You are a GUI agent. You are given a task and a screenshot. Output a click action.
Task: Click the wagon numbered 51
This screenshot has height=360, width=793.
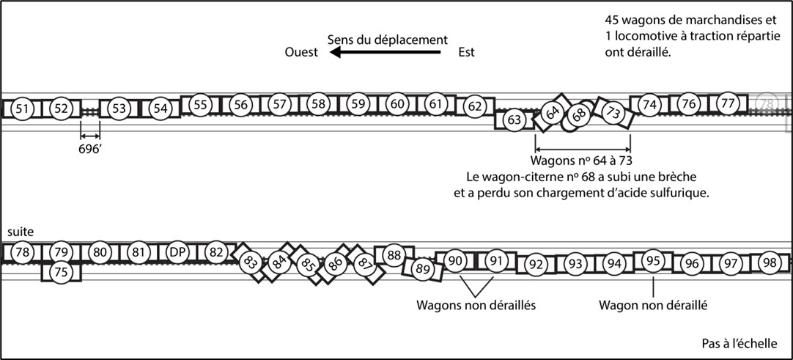23,109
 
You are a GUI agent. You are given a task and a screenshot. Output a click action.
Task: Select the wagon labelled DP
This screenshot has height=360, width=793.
177,251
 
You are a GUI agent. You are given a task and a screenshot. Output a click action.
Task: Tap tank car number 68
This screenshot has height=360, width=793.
579,116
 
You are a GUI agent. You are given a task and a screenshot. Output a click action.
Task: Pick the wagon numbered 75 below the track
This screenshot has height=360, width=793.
62,271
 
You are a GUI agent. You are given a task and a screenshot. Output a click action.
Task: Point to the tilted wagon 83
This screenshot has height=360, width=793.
251,260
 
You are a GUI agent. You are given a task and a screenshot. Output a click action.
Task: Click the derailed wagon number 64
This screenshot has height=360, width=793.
553,112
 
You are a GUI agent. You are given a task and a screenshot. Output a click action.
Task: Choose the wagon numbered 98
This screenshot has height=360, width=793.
770,262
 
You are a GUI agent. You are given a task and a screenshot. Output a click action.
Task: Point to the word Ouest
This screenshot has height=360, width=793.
300,53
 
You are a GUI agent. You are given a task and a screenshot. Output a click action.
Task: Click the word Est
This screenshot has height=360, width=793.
466,53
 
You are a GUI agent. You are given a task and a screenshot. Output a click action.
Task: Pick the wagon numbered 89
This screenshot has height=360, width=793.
422,269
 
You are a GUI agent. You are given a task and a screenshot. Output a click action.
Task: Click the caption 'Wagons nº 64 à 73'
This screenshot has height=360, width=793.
581,161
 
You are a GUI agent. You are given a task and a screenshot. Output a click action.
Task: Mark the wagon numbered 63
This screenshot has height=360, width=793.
514,119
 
